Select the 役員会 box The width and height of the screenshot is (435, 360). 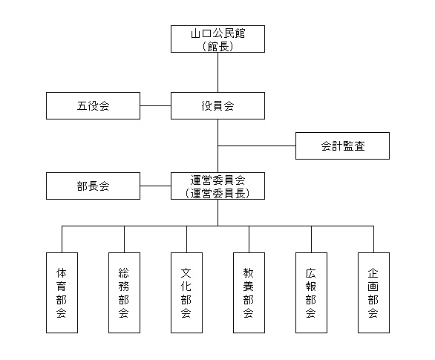click(218, 106)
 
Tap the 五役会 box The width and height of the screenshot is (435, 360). click(93, 106)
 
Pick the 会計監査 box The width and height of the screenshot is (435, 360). click(342, 146)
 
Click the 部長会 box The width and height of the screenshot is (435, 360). click(93, 186)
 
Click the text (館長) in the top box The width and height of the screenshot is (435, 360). click(218, 45)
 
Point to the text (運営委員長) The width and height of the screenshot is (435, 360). click(218, 193)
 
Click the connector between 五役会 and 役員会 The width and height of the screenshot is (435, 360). click(155, 106)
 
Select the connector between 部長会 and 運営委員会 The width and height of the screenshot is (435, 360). click(155, 186)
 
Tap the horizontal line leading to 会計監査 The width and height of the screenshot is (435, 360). click(256, 146)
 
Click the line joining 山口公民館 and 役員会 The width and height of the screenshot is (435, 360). click(218, 72)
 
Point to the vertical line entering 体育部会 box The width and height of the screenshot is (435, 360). click(62, 238)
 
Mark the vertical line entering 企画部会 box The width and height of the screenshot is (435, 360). click(373, 238)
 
